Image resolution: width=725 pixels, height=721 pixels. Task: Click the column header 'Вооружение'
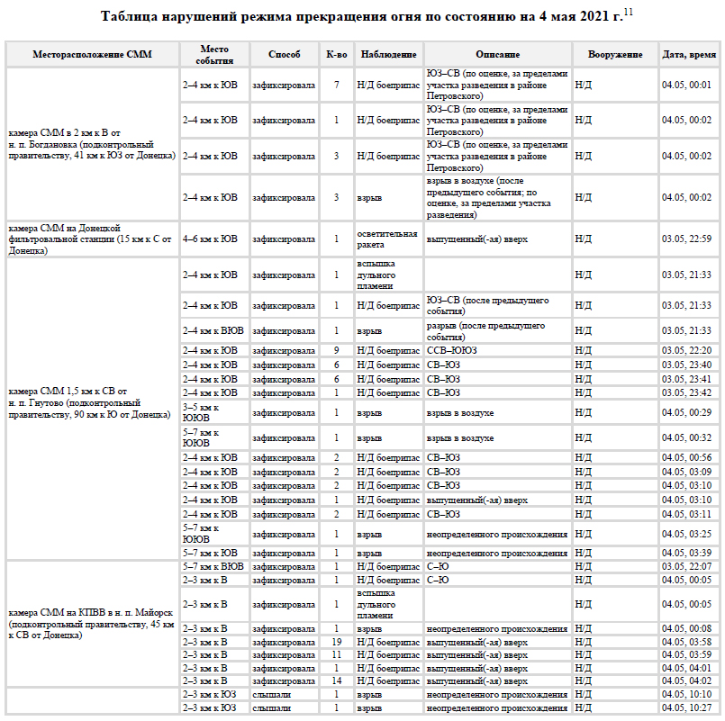(x=615, y=55)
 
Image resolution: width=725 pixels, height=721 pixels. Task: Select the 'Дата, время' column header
(x=689, y=55)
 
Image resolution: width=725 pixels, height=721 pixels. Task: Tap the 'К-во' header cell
(x=336, y=55)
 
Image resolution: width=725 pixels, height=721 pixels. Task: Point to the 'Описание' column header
(x=497, y=55)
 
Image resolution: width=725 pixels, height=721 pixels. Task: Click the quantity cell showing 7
(x=336, y=85)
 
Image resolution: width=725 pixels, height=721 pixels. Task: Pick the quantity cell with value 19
(x=336, y=641)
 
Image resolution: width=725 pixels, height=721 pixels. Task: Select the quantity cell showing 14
(x=336, y=681)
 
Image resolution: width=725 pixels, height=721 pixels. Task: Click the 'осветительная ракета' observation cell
(x=387, y=239)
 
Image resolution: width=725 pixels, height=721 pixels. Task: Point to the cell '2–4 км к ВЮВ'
(x=213, y=330)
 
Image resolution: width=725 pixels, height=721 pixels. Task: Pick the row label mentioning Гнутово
(x=89, y=402)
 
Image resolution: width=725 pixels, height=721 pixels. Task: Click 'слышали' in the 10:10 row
(x=271, y=695)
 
